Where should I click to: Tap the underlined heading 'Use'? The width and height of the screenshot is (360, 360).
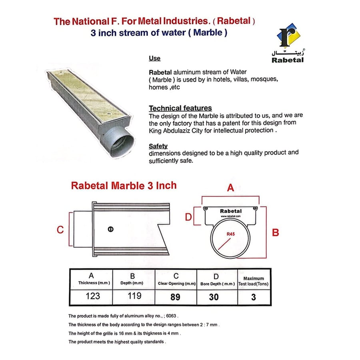(154, 58)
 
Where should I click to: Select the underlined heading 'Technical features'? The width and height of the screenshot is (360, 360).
(180, 108)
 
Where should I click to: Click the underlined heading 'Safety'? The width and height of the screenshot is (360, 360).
(158, 146)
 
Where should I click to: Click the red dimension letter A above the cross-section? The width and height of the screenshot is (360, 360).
(230, 188)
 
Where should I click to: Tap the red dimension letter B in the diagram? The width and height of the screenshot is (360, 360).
(275, 232)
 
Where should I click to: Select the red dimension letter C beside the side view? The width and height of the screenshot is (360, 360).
(60, 230)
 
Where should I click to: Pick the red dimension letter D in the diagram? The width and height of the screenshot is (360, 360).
(188, 217)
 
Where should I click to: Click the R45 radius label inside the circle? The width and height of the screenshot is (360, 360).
(231, 234)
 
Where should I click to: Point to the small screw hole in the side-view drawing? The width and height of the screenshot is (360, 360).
(111, 229)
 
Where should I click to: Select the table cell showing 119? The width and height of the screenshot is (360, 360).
(134, 296)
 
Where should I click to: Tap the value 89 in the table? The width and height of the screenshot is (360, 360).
(175, 297)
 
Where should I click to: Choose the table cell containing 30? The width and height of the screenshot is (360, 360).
(214, 297)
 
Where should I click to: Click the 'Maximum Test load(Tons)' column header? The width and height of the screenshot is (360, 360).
(254, 281)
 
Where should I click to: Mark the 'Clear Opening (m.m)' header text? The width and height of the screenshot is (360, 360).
(176, 284)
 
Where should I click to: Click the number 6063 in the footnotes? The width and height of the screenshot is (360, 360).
(171, 316)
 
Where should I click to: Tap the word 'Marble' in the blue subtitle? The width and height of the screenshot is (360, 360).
(208, 33)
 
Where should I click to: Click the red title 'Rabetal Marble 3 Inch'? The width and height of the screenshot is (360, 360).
(124, 186)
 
